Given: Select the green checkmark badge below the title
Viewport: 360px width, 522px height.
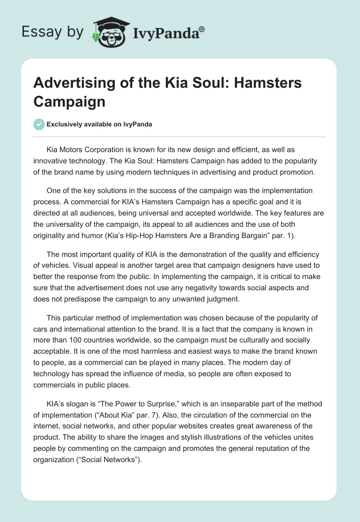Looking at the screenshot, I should (x=39, y=124).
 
